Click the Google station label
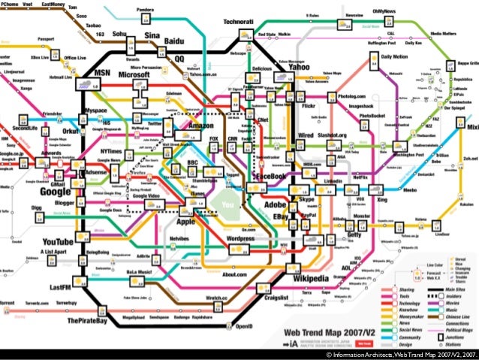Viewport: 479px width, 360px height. tap(56, 191)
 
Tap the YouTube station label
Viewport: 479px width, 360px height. tap(58, 241)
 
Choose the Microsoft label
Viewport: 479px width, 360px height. tap(135, 75)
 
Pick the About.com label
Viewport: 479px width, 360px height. tap(242, 274)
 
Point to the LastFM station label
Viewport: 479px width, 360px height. tap(61, 288)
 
